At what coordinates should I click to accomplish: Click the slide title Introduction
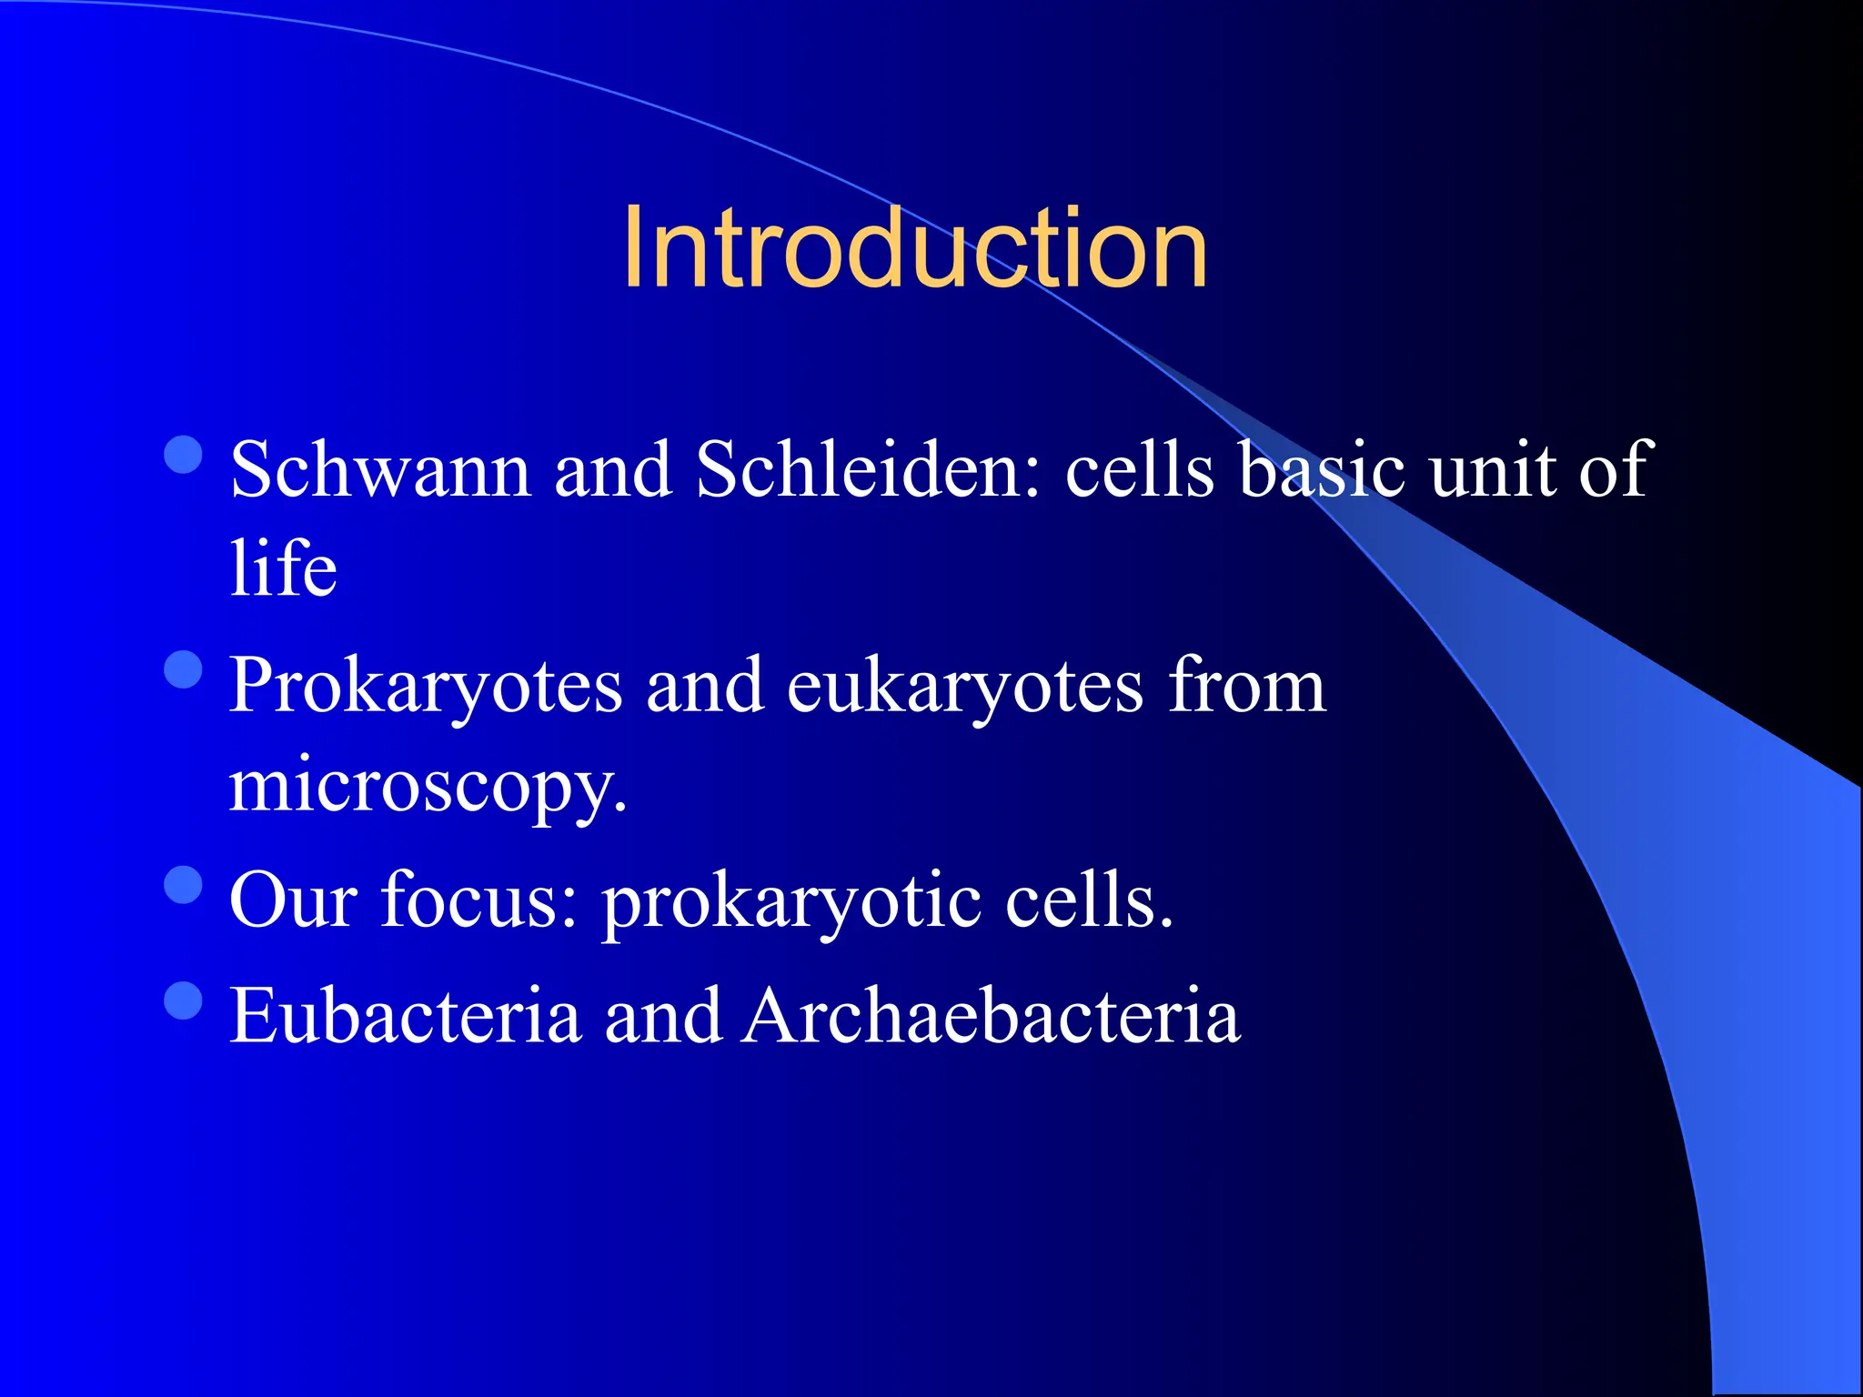[914, 248]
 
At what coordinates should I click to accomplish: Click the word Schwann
[380, 470]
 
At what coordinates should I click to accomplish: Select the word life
[283, 568]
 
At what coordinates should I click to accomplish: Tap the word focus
[478, 900]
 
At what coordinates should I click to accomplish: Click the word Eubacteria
[405, 1016]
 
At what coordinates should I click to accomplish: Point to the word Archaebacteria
[991, 1016]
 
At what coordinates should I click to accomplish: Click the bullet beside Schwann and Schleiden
[184, 455]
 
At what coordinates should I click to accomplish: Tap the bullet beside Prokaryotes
[184, 670]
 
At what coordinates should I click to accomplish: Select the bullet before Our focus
[184, 884]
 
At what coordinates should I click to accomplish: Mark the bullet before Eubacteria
[184, 1000]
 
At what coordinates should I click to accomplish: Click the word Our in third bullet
[293, 900]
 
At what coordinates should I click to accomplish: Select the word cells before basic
[1139, 470]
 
